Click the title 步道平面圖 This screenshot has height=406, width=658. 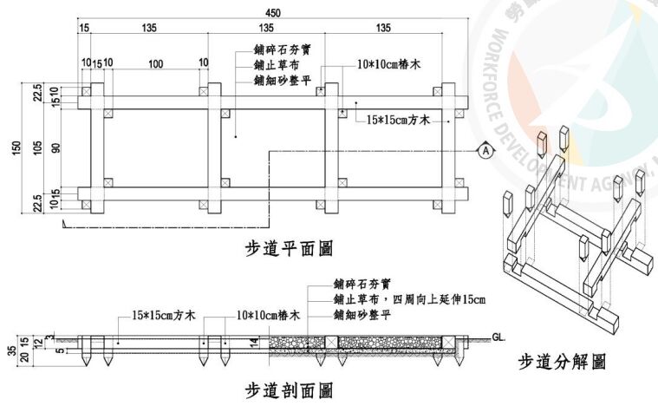pyautogui.click(x=289, y=250)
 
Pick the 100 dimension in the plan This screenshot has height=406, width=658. pyautogui.click(x=155, y=64)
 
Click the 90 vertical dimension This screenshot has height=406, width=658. pyautogui.click(x=55, y=148)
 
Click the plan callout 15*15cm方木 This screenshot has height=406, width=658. pyautogui.click(x=399, y=119)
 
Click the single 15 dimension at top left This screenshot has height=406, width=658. pyautogui.click(x=84, y=29)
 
